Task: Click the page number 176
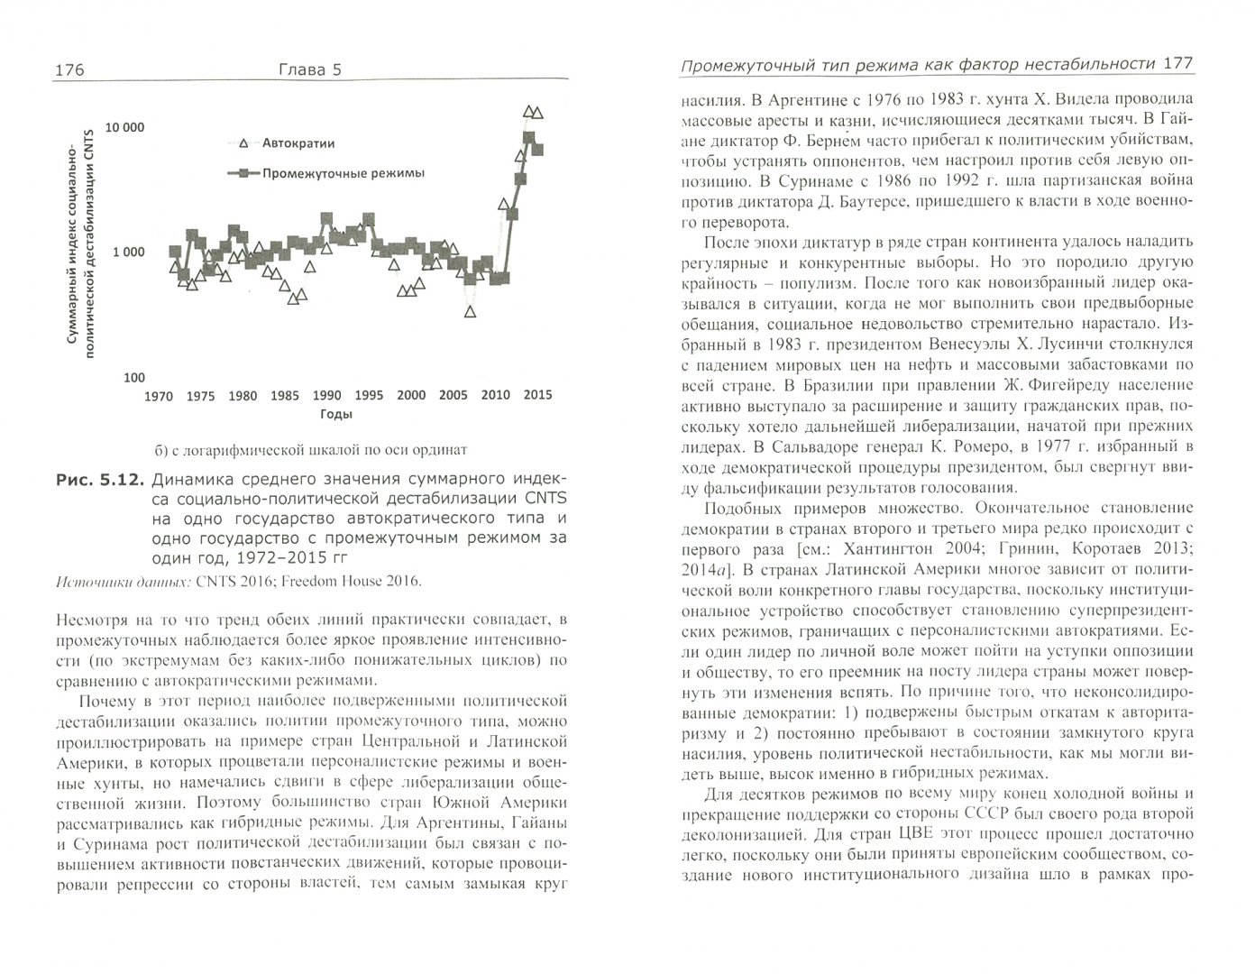70,70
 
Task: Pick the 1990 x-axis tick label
326,395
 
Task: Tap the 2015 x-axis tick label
537,395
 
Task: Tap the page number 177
1178,64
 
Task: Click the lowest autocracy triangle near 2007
470,311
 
